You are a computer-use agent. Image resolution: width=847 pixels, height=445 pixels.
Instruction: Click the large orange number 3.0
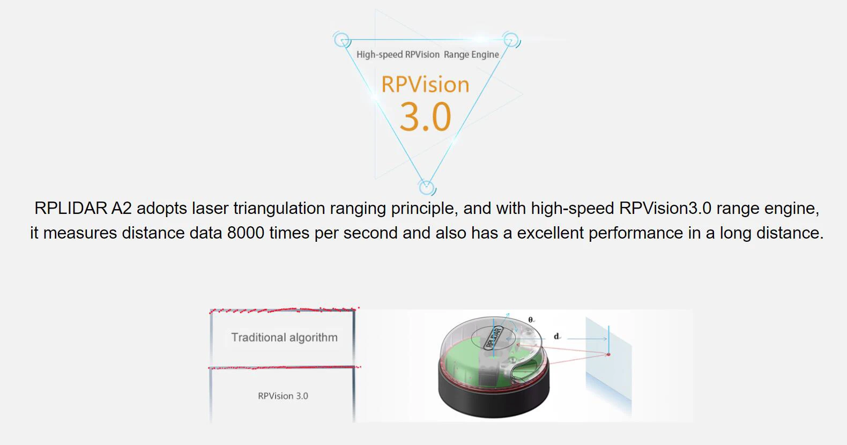pyautogui.click(x=425, y=117)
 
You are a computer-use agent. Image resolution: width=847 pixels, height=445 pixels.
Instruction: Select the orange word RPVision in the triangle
pyautogui.click(x=425, y=85)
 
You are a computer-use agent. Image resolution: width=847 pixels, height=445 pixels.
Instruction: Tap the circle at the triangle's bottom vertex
pyautogui.click(x=426, y=188)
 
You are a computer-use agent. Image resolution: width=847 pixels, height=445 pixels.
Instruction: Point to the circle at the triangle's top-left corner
pyautogui.click(x=341, y=40)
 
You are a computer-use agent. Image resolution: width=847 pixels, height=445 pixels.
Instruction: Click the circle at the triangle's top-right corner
pyautogui.click(x=511, y=40)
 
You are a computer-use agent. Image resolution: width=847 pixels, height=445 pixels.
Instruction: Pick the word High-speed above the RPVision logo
pyautogui.click(x=380, y=55)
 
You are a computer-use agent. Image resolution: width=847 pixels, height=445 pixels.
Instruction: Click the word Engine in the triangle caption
pyautogui.click(x=485, y=55)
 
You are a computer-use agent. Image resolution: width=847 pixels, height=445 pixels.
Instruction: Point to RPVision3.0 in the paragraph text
pyautogui.click(x=665, y=209)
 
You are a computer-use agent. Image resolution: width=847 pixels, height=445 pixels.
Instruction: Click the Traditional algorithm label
pyautogui.click(x=284, y=338)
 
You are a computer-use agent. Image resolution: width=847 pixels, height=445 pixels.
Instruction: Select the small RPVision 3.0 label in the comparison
pyautogui.click(x=283, y=396)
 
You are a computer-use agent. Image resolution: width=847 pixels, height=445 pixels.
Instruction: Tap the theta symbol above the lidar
pyautogui.click(x=531, y=320)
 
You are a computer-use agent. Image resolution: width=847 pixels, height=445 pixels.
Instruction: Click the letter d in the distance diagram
pyautogui.click(x=556, y=337)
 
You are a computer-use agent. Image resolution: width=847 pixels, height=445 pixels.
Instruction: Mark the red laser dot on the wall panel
pyautogui.click(x=608, y=354)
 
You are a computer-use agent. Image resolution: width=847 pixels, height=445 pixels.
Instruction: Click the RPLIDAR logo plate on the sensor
pyautogui.click(x=493, y=338)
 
